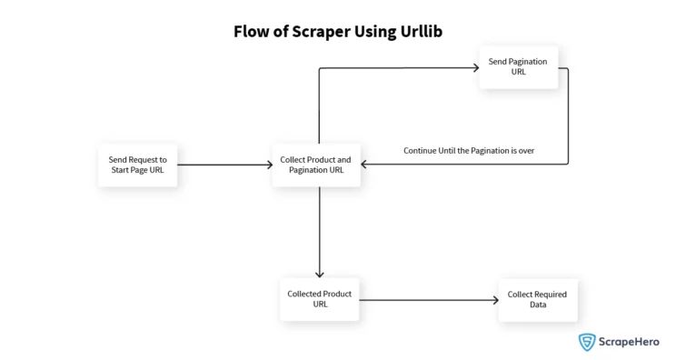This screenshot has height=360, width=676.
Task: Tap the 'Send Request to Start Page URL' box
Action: point(137,165)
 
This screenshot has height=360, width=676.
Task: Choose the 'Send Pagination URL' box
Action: point(519,67)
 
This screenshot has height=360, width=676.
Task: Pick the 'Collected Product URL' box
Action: point(319,299)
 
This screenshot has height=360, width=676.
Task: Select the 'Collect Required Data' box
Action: point(537,299)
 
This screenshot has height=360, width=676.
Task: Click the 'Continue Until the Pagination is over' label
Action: point(468,150)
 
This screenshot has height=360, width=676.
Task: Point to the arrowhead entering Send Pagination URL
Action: point(475,67)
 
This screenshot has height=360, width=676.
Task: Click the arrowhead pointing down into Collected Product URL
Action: point(319,275)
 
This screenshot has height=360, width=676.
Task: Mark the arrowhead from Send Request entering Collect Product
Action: point(269,165)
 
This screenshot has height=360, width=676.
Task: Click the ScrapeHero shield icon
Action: point(587,342)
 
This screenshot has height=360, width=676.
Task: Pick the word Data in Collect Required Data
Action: point(537,305)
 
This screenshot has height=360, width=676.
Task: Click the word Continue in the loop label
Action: point(422,150)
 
